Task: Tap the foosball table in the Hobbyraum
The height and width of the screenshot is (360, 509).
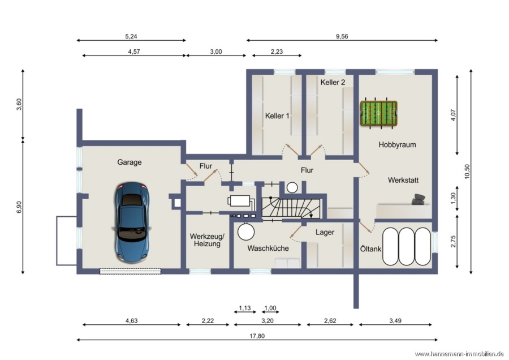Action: coord(379,113)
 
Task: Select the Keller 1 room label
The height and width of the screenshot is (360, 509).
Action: coord(277,115)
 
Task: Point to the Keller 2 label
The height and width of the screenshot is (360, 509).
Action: coord(333,82)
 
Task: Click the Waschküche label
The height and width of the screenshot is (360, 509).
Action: coord(268,248)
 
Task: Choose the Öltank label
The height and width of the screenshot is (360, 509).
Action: coord(370,249)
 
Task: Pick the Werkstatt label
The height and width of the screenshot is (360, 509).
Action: coord(403,180)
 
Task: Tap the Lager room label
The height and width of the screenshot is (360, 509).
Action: coord(325,232)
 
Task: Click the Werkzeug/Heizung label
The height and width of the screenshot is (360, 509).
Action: coord(207,240)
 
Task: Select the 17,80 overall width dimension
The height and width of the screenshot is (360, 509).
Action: coord(257,336)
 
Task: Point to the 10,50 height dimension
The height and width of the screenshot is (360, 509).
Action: coord(467,172)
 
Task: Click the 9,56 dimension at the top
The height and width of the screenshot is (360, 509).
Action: coord(342,36)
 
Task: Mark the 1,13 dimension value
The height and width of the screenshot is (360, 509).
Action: coord(245,308)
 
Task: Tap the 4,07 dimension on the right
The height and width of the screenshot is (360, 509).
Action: coord(453,115)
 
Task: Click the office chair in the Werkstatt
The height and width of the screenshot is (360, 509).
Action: coord(419,199)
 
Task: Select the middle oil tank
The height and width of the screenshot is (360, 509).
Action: coord(407,246)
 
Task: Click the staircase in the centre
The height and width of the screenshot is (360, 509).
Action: coord(291,209)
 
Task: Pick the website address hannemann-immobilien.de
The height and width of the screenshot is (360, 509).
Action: coord(459,354)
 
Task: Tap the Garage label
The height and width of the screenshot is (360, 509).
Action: coord(130,162)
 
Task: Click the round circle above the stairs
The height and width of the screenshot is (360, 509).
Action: coord(292,187)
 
